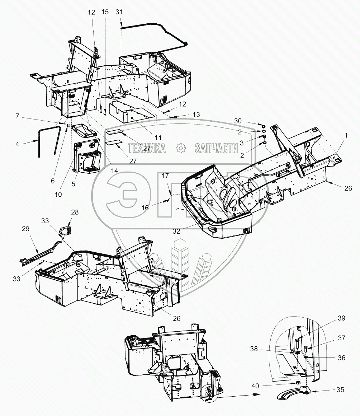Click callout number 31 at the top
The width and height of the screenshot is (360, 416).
(x=119, y=12)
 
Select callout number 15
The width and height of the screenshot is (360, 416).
(x=105, y=12)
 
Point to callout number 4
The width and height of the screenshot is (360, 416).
(x=18, y=144)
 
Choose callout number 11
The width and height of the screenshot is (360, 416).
(x=158, y=137)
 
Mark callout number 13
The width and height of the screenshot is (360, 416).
(x=196, y=114)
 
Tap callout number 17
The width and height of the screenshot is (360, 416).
(x=165, y=176)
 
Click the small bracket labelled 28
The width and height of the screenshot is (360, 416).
(x=66, y=229)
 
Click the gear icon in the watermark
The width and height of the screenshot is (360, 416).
(x=180, y=148)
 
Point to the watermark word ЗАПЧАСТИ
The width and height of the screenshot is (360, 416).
(x=216, y=148)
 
